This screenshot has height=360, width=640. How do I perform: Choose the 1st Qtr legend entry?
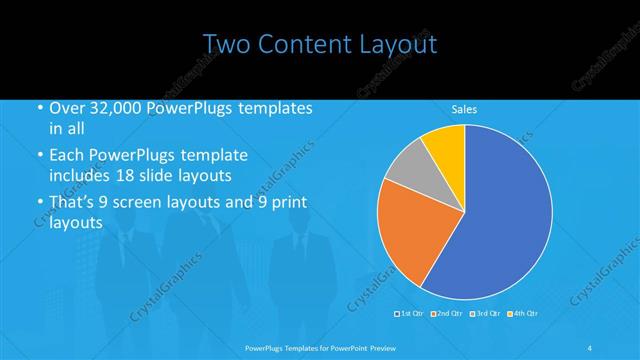(407, 314)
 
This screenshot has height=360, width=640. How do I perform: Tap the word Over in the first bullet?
(66, 109)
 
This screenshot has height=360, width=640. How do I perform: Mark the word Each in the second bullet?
(66, 156)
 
